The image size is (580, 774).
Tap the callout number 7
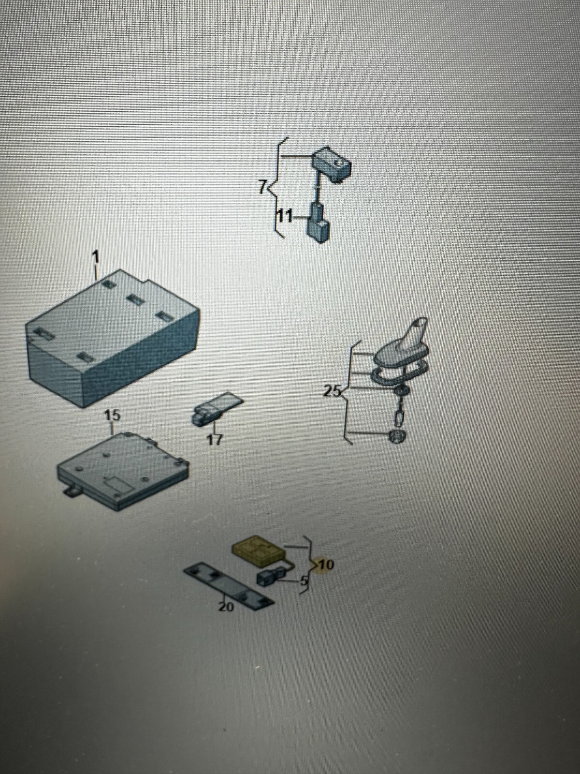263,186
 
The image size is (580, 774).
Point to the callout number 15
113,416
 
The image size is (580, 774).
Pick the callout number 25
332,391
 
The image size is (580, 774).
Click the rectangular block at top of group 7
332,164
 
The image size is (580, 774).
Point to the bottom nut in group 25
397,437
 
